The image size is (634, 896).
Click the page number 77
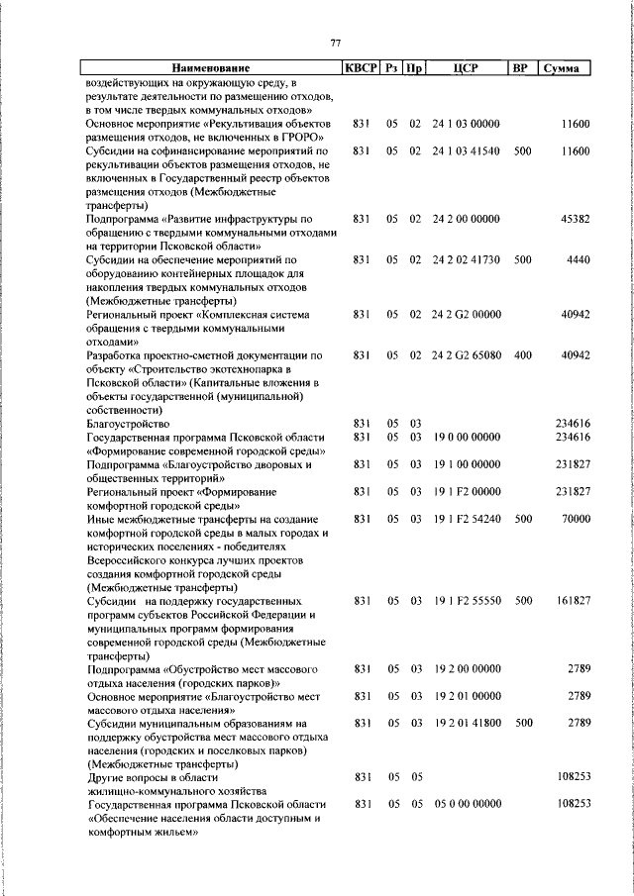point(335,43)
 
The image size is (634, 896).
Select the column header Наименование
point(209,68)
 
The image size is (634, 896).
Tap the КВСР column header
point(361,68)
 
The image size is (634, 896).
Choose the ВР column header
point(519,68)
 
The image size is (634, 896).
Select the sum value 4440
point(578,259)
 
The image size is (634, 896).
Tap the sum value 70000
point(574,519)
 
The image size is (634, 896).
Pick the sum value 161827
point(571,601)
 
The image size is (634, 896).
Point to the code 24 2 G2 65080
point(466,354)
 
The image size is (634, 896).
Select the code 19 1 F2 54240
point(466,519)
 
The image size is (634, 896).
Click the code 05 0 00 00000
point(466,805)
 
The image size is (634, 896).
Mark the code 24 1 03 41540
point(466,150)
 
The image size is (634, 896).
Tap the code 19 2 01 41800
point(466,723)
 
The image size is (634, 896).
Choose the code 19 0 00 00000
point(466,437)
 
